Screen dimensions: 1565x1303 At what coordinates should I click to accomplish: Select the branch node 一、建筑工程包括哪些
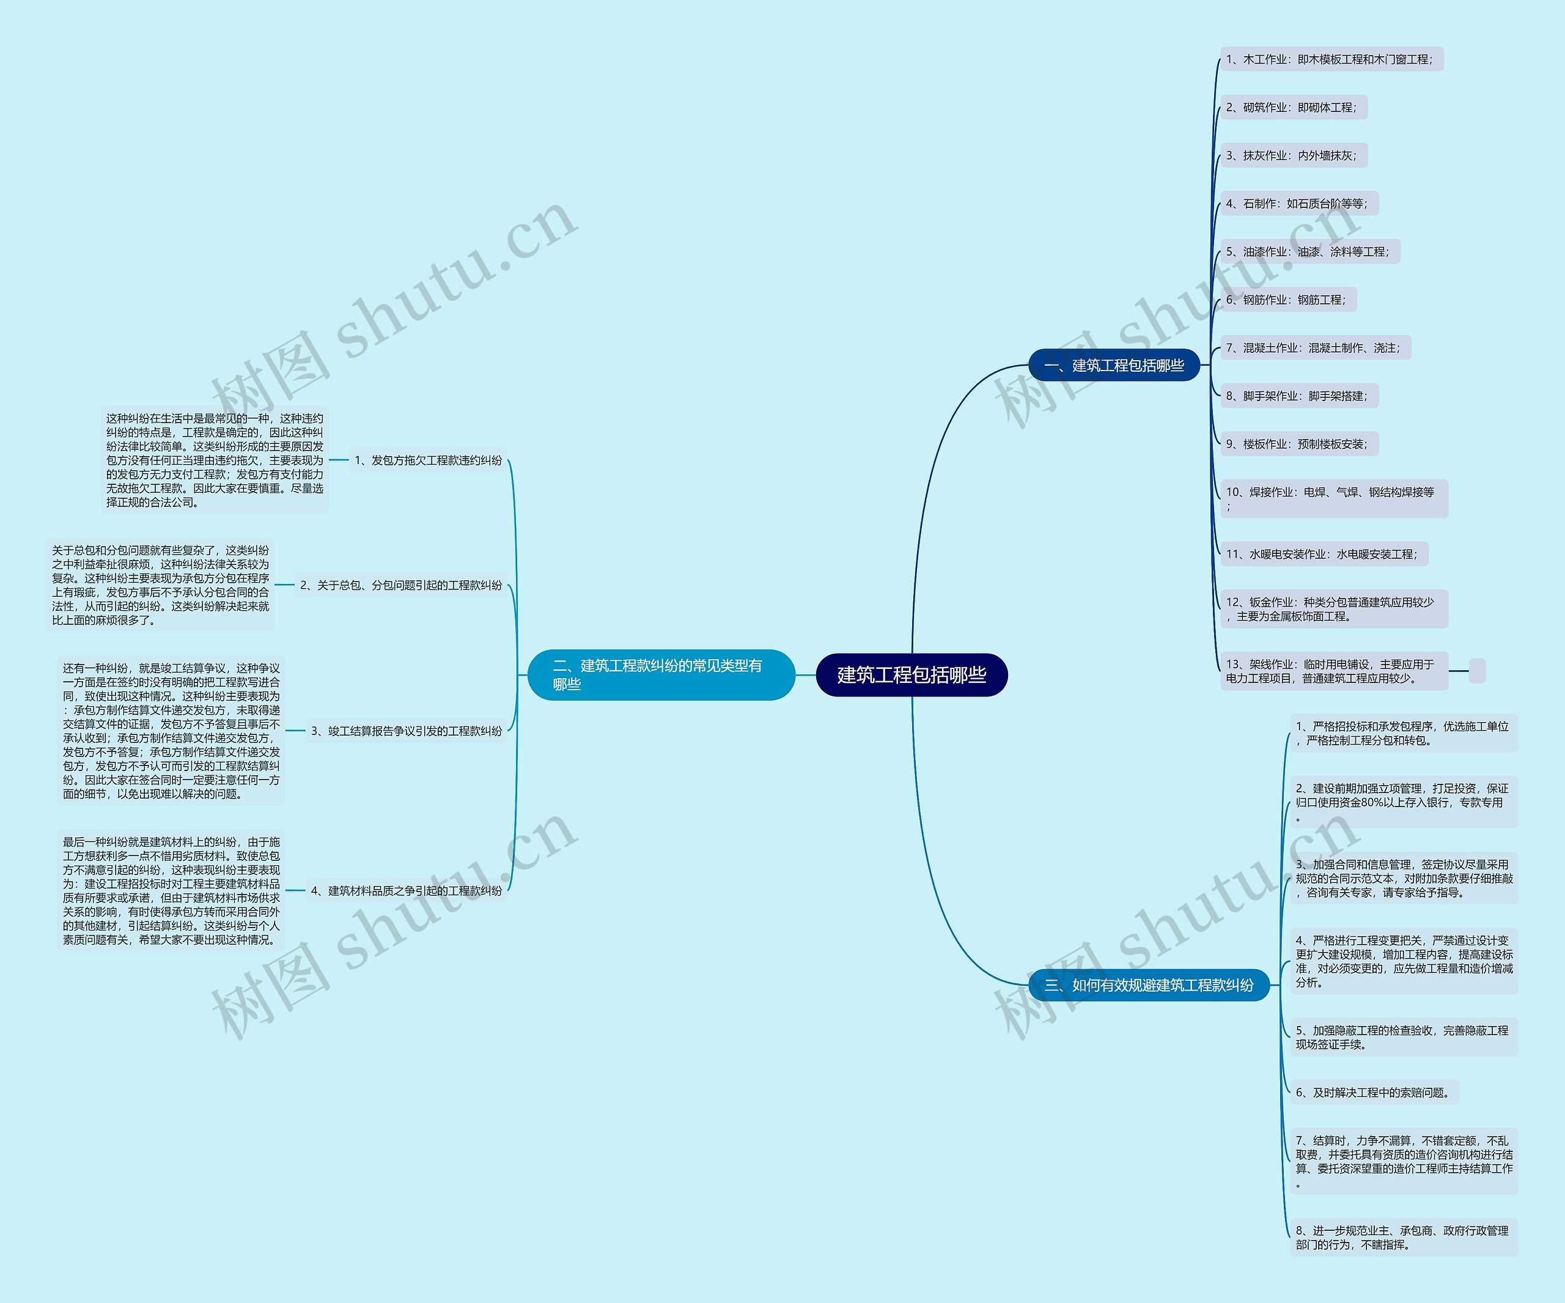pyautogui.click(x=1113, y=365)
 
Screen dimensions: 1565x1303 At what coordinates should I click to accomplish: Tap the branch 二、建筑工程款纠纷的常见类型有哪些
pyautogui.click(x=660, y=674)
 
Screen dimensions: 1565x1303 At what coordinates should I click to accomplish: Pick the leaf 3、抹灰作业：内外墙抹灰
pyautogui.click(x=1293, y=156)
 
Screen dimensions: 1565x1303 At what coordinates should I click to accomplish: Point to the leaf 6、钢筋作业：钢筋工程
pyautogui.click(x=1287, y=300)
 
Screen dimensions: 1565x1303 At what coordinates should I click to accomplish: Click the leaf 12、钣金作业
pyautogui.click(x=1333, y=609)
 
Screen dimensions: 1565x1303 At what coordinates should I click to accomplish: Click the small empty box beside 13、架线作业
pyautogui.click(x=1476, y=671)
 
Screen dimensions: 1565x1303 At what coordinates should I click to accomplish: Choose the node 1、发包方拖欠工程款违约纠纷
pyautogui.click(x=429, y=460)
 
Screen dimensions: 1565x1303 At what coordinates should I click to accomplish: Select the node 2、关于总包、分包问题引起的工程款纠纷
pyautogui.click(x=401, y=585)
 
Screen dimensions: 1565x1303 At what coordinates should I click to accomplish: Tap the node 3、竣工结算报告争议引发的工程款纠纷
pyautogui.click(x=406, y=731)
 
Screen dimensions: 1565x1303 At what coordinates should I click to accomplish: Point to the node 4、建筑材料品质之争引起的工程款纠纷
pyautogui.click(x=406, y=891)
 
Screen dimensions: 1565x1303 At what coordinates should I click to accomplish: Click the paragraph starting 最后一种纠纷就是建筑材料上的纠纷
pyautogui.click(x=171, y=891)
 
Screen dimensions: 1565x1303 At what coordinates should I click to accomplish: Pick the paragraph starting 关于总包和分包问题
pyautogui.click(x=160, y=585)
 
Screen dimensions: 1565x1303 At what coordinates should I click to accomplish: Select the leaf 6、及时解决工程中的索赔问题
pyautogui.click(x=1374, y=1093)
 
